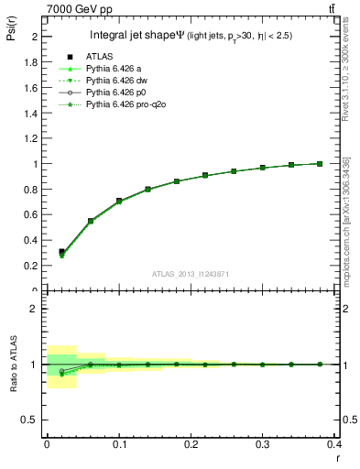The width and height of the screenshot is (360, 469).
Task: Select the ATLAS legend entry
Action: pyautogui.click(x=100, y=57)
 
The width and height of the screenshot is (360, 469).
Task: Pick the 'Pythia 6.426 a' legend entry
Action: pyautogui.click(x=115, y=69)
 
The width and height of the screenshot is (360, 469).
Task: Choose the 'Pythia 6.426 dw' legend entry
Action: pyautogui.click(x=117, y=81)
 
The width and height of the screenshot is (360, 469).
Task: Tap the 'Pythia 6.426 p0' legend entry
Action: pyautogui.click(x=116, y=93)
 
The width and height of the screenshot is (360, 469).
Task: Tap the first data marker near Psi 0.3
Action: pyautogui.click(x=61, y=252)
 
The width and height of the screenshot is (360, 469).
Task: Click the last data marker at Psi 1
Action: pyautogui.click(x=320, y=164)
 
